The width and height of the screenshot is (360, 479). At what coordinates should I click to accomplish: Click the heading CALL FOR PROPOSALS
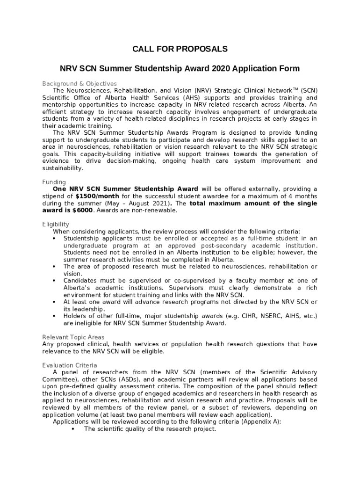180,49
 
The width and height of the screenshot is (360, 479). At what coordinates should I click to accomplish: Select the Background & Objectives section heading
79,84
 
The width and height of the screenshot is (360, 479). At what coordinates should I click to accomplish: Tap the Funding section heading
54,182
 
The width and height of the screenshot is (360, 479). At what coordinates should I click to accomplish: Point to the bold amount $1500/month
97,196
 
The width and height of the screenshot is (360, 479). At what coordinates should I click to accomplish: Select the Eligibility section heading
56,224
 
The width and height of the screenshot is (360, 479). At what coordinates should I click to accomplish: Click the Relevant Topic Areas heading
73,337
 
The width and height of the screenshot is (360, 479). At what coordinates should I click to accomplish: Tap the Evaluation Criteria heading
70,365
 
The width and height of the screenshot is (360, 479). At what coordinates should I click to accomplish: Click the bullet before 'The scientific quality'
73,428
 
